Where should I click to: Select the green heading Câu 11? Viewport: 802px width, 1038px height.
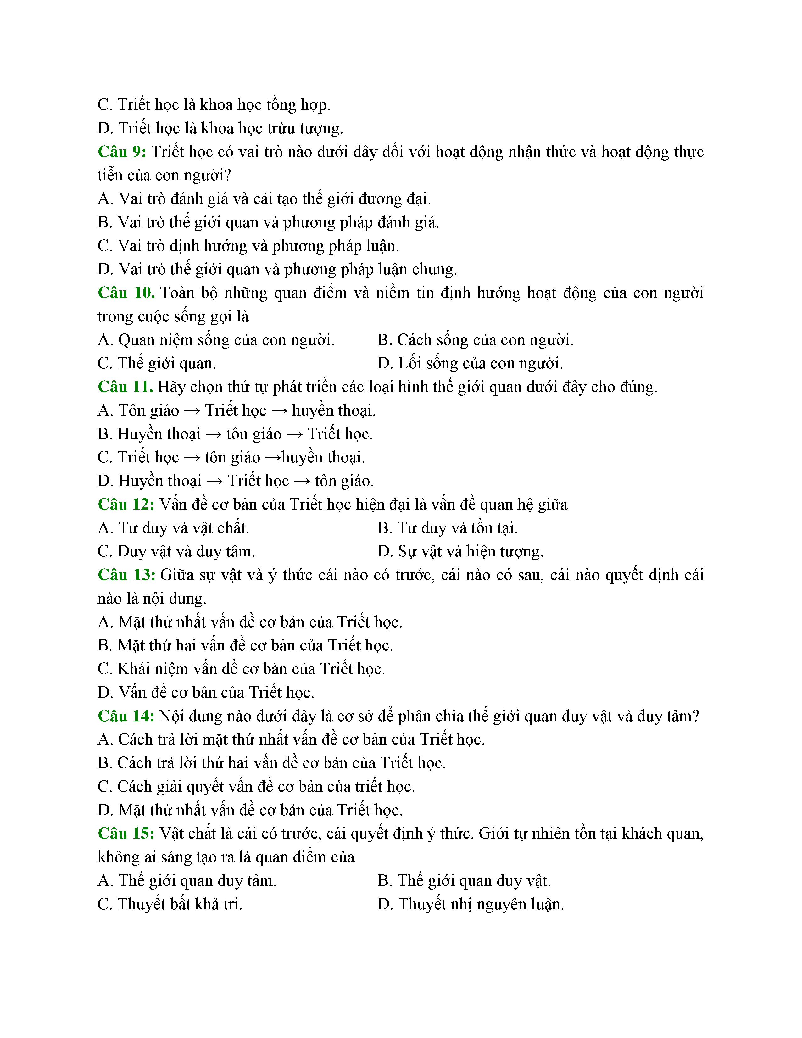pos(125,387)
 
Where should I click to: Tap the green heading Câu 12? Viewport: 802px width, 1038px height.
pos(126,504)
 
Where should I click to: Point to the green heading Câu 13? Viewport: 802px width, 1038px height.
pos(126,575)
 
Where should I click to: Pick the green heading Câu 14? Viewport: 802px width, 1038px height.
pos(126,716)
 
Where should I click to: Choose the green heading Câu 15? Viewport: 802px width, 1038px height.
pos(126,834)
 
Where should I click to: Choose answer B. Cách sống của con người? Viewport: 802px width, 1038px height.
pos(475,340)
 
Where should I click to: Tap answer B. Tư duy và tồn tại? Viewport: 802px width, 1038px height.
pos(448,528)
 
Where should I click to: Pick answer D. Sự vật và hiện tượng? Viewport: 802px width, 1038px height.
pos(460,551)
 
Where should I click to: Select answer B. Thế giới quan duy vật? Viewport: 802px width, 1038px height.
pos(464,881)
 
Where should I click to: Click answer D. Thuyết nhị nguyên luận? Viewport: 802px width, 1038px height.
pos(471,904)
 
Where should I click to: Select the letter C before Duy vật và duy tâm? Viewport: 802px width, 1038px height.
pos(104,551)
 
